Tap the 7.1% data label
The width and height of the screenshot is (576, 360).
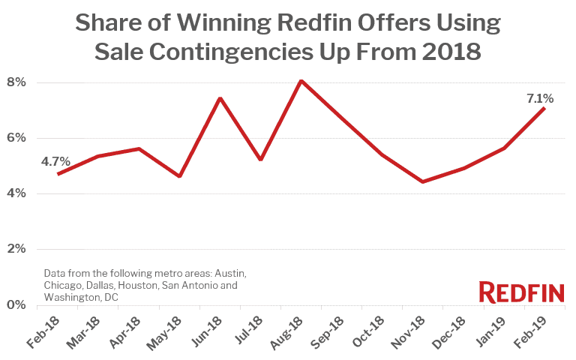click(x=540, y=97)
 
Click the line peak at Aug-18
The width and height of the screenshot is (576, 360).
click(x=301, y=80)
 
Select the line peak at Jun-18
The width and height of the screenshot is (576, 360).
click(x=220, y=98)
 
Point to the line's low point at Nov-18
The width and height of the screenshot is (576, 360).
click(x=423, y=181)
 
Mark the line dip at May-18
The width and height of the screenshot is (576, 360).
click(x=179, y=176)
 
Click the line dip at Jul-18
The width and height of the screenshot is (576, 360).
click(x=260, y=159)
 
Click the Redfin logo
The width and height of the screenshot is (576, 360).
click(x=516, y=292)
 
